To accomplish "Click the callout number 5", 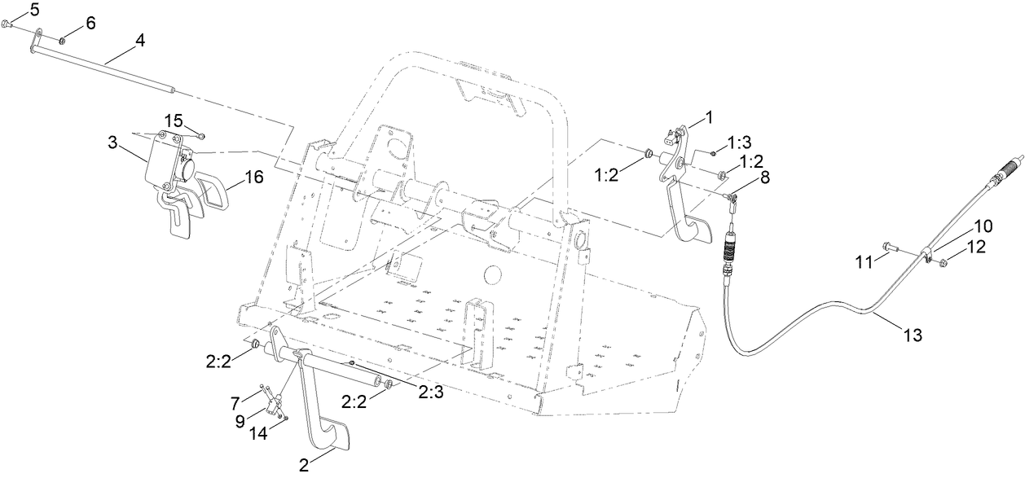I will [x=11, y=9].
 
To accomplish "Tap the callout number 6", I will [x=90, y=23].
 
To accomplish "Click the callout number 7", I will [x=235, y=403].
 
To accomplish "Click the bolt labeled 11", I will [x=890, y=245].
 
